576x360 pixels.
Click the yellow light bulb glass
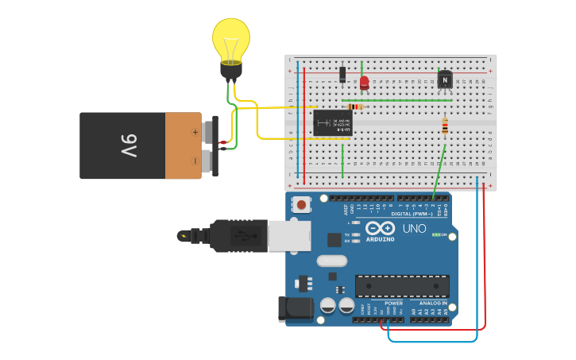coord(231,40)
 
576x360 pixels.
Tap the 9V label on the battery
coord(129,145)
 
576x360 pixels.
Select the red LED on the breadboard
coord(364,81)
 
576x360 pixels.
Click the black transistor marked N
coord(445,79)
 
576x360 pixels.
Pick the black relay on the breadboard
coord(332,123)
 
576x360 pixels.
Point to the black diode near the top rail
coord(342,74)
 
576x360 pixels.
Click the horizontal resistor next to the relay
coord(355,106)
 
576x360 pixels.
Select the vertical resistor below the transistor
coord(444,126)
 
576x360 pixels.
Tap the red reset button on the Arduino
coord(302,204)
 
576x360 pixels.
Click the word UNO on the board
coord(414,228)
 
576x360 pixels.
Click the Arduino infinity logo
coord(380,229)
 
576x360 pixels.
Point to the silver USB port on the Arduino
coord(288,236)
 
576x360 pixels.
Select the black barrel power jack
coord(295,308)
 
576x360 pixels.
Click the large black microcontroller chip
coord(402,286)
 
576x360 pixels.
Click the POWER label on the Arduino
coord(393,303)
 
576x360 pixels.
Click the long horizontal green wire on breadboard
coord(397,100)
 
